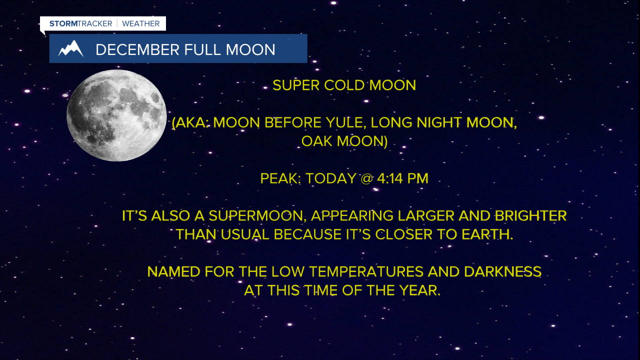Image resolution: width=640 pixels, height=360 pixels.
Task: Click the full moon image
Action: (x=116, y=115)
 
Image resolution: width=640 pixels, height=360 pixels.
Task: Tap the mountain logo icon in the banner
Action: (x=70, y=49)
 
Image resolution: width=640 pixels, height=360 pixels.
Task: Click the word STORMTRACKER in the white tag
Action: (x=80, y=23)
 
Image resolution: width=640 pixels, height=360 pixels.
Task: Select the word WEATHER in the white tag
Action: (x=140, y=23)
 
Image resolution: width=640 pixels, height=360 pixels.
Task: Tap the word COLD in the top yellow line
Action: (x=344, y=85)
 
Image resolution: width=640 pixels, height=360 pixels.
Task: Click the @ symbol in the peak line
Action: (x=366, y=178)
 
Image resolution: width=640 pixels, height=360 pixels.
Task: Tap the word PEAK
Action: (x=280, y=178)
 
